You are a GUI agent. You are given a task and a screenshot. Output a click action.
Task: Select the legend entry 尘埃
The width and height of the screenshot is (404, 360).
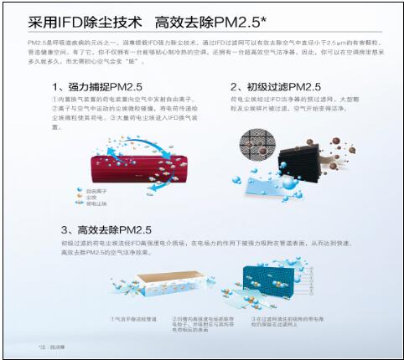click(106, 197)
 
